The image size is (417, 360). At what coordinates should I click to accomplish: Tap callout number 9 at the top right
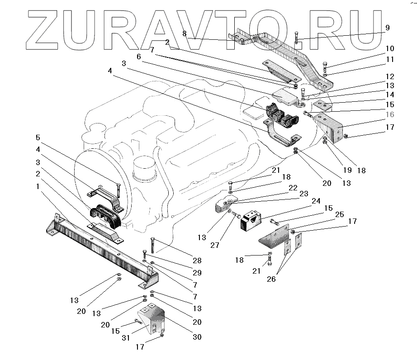[387, 27]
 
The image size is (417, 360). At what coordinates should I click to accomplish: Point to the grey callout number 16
[390, 115]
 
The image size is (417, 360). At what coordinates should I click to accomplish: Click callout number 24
[316, 201]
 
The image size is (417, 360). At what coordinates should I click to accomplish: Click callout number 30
[197, 337]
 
